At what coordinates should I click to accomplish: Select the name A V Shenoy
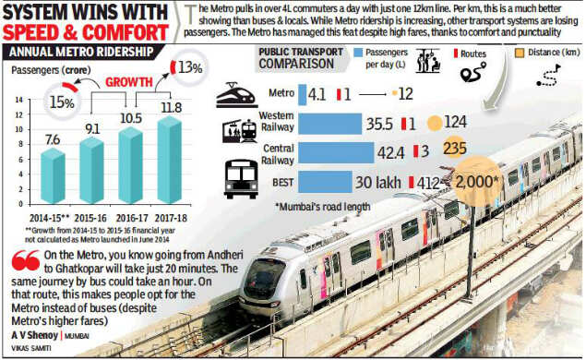[x=35, y=336]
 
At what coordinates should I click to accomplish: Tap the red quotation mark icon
[x=18, y=261]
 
